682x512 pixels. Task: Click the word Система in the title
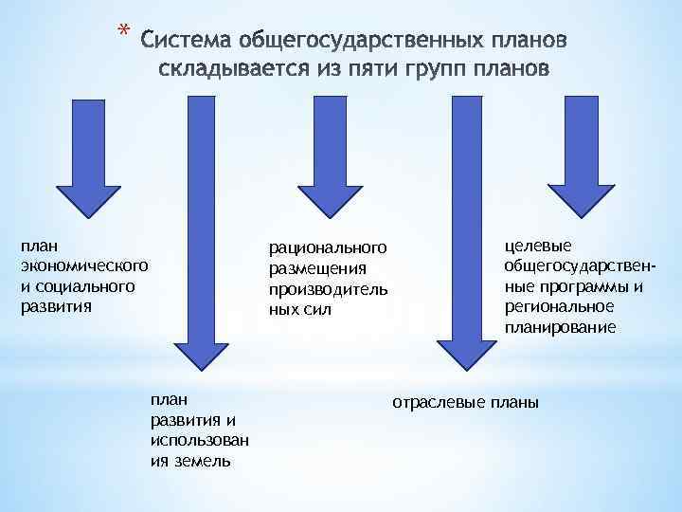coord(186,42)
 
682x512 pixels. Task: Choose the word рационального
coord(329,248)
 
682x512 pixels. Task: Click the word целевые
coord(532,247)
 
